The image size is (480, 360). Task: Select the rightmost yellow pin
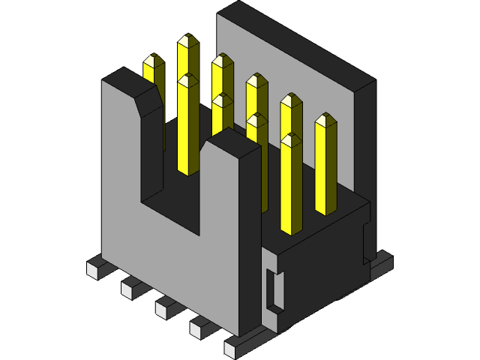click(x=325, y=169)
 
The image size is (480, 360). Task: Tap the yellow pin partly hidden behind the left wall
click(x=154, y=71)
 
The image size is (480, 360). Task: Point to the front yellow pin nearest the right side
click(x=291, y=187)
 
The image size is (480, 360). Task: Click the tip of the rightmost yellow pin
click(x=325, y=119)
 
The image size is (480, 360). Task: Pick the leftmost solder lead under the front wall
click(x=96, y=267)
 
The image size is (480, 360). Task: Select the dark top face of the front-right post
click(x=233, y=142)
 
